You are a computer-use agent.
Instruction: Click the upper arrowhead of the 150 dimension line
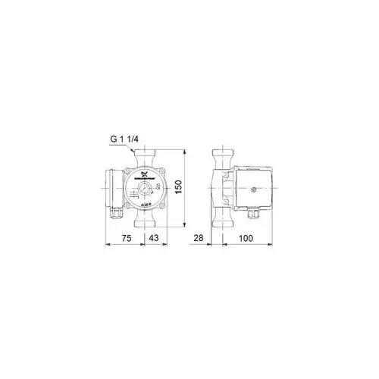183,152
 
